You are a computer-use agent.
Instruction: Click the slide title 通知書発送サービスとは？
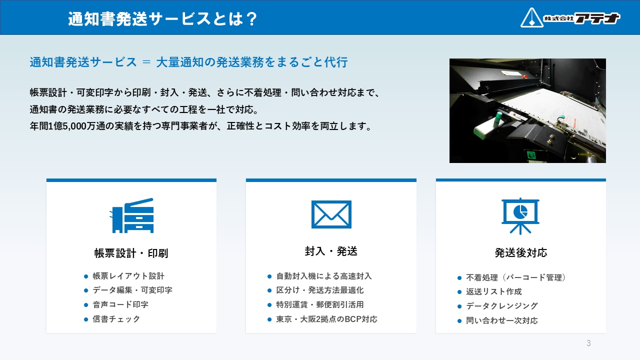coord(163,19)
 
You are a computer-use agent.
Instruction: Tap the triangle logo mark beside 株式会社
coord(531,17)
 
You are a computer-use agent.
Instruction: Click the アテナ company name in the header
coord(597,18)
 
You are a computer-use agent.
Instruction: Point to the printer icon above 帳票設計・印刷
coord(131,215)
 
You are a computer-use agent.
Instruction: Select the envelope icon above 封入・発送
coord(331,214)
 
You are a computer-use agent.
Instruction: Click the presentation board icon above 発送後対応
coord(520,216)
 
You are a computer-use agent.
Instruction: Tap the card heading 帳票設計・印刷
coord(131,253)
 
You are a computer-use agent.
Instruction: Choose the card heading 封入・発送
coord(331,251)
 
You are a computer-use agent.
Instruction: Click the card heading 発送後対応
coord(521,253)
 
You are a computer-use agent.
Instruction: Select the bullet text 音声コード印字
coord(120,304)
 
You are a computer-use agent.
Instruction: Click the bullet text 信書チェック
coord(116,319)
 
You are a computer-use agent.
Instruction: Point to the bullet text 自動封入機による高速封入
coord(323,276)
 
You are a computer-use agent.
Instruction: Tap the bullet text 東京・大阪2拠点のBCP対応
coord(326,319)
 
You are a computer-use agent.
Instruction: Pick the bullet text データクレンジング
coord(502,306)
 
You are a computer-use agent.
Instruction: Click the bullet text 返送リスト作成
coord(494,291)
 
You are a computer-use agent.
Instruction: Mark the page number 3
coord(588,343)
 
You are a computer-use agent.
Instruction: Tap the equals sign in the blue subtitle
coord(146,62)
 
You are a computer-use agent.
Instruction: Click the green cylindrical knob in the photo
coord(498,119)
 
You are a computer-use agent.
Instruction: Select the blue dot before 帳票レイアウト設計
coord(86,276)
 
